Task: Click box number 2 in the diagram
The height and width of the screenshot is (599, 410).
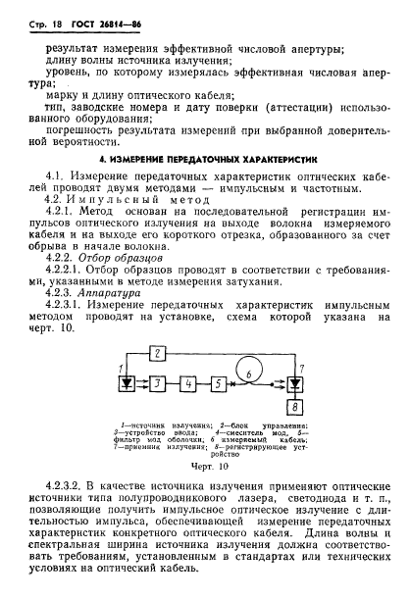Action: [157, 351]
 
